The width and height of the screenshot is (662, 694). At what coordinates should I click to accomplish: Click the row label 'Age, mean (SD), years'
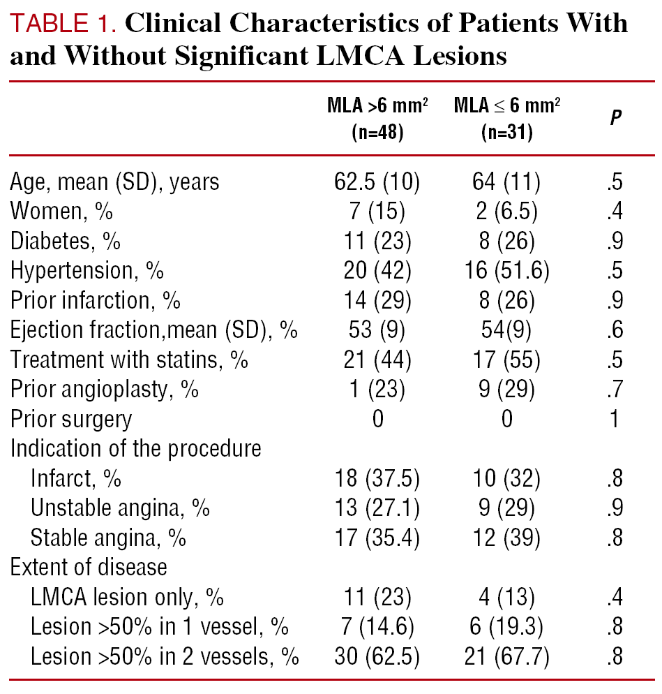[x=114, y=182]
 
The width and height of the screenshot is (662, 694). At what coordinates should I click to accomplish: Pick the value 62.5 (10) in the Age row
[x=377, y=182]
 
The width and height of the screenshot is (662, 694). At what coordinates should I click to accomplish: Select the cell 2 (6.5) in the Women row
[x=507, y=212]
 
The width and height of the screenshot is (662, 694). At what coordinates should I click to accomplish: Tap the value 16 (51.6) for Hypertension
[x=507, y=271]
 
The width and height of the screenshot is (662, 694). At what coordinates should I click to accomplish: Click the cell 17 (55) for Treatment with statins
[x=507, y=360]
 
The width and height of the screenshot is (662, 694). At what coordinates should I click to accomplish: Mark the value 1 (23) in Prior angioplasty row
[x=377, y=390]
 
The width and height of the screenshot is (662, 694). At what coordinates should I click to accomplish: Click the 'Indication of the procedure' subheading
[x=136, y=448]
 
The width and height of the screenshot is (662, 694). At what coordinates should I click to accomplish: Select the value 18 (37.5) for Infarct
[x=377, y=478]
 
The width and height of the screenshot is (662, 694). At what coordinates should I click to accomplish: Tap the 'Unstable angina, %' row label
[x=120, y=508]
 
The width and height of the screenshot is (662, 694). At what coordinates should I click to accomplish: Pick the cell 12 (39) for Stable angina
[x=507, y=538]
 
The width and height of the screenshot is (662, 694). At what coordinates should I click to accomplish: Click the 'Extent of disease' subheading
[x=89, y=567]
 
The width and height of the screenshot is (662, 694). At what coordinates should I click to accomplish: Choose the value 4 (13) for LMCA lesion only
[x=507, y=597]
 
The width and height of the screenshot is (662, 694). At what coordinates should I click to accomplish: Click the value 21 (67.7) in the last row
[x=507, y=656]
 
